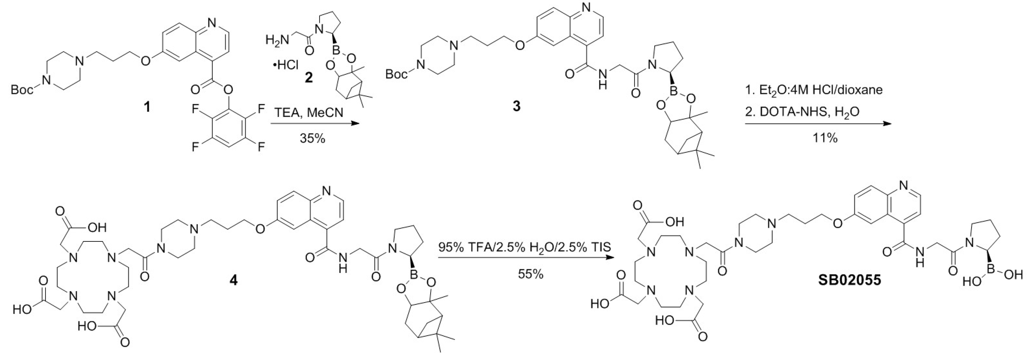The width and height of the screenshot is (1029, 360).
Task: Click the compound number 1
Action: [147, 107]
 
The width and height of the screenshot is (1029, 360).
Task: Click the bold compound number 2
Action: [309, 77]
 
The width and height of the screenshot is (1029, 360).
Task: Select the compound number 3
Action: [516, 106]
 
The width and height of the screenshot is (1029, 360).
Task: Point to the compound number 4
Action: [233, 280]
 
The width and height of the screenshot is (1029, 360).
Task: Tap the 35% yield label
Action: [312, 138]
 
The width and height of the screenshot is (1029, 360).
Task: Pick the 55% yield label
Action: [531, 274]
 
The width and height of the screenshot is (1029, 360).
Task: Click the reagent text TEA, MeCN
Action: [308, 113]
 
